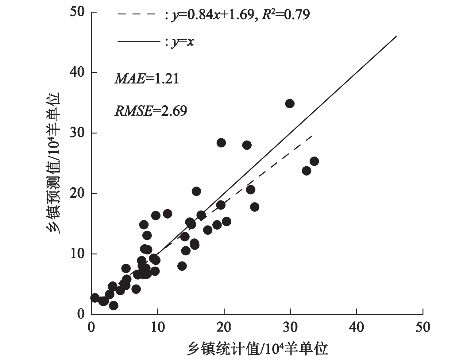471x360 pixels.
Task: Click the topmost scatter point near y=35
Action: pyautogui.click(x=290, y=103)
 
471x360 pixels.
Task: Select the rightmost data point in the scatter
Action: pyautogui.click(x=314, y=161)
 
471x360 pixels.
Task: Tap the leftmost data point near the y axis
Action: pyautogui.click(x=95, y=297)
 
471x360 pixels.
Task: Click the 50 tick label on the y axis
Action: pyautogui.click(x=77, y=12)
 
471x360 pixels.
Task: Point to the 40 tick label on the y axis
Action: pyautogui.click(x=77, y=73)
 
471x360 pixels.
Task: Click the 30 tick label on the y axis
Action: pyautogui.click(x=77, y=133)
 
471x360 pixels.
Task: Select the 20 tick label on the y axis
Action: pyautogui.click(x=77, y=194)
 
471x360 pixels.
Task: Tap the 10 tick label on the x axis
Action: pyautogui.click(x=157, y=327)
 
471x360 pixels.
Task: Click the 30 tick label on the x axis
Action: pyautogui.click(x=290, y=327)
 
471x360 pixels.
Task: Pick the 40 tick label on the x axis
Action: pyautogui.click(x=357, y=327)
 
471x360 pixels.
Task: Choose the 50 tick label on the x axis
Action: pyautogui.click(x=423, y=327)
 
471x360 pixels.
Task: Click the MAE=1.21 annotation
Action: pyautogui.click(x=147, y=79)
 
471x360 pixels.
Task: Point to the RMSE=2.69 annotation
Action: pyautogui.click(x=151, y=111)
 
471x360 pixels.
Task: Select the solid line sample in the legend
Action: pyautogui.click(x=139, y=41)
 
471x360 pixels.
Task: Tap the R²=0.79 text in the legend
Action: pyautogui.click(x=285, y=14)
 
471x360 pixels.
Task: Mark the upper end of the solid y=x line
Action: pyautogui.click(x=397, y=36)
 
